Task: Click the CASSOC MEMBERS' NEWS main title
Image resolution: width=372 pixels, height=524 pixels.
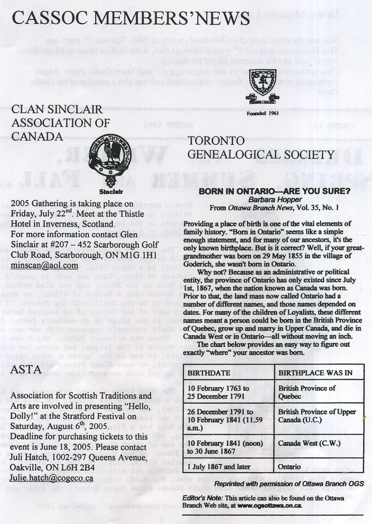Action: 130,18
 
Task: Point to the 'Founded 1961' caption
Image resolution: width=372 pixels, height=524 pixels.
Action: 263,113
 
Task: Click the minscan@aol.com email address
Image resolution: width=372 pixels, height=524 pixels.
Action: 44,266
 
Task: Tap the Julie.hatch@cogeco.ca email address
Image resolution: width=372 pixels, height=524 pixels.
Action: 51,478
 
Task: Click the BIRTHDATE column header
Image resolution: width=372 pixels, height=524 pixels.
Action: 209,373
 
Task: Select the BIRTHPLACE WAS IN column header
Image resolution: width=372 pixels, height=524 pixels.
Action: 315,373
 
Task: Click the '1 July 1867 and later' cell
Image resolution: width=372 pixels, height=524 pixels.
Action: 219,467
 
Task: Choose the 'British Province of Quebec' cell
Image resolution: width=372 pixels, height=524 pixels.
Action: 307,392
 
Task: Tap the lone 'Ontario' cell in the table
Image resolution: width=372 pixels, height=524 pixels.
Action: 289,467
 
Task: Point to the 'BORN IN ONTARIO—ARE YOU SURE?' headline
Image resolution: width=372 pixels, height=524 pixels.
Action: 275,191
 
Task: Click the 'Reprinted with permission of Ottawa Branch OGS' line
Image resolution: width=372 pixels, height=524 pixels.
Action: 289,484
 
